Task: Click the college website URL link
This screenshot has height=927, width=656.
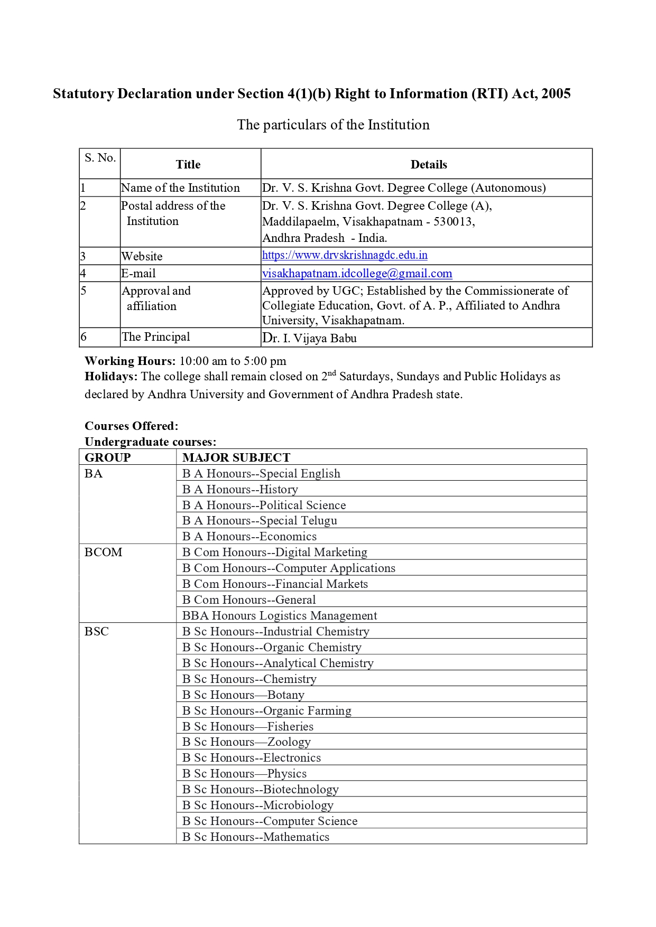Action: coord(345,256)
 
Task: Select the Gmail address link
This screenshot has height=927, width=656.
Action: coord(357,274)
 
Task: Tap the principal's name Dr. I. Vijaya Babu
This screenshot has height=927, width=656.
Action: coord(309,338)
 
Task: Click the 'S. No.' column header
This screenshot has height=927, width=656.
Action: coord(100,158)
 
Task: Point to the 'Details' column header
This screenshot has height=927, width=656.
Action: coord(428,165)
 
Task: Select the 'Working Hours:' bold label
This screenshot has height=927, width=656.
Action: coord(130,361)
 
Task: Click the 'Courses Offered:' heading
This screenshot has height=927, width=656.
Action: coord(131,426)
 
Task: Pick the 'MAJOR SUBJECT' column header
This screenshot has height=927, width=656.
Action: coord(236,458)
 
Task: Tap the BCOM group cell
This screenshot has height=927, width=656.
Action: coord(104,553)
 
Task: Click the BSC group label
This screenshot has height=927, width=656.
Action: coord(97,632)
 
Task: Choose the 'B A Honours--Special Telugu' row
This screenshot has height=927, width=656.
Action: coord(260,521)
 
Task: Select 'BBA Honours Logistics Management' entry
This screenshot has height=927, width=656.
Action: coord(280,616)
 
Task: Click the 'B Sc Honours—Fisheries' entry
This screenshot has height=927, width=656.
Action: coord(248,727)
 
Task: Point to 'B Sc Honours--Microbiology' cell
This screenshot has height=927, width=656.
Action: coord(258,806)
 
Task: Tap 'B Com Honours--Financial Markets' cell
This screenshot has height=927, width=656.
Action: coord(275,584)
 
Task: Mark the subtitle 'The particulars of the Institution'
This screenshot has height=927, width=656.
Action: coord(333,125)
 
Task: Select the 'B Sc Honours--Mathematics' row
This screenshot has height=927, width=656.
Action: coord(256,837)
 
